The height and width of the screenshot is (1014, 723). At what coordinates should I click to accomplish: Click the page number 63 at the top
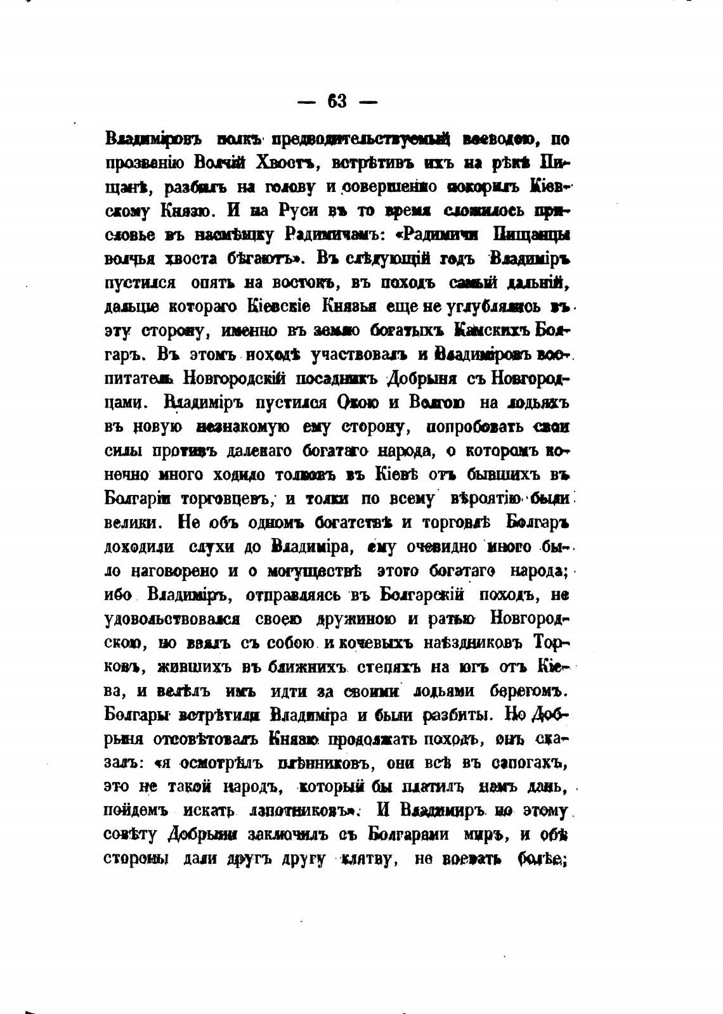coord(337,101)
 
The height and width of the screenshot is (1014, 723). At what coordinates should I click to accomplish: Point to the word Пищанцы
coord(531,235)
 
